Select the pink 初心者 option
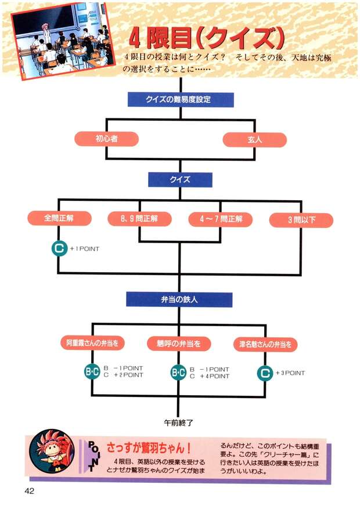point(106,139)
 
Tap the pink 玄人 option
point(255,140)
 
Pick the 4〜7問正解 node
point(220,219)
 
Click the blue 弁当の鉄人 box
point(179,299)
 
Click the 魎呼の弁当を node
point(179,344)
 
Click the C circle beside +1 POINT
point(59,249)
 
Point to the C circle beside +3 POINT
point(265,373)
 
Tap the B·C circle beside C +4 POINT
point(178,373)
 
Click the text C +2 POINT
point(123,375)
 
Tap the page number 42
point(30,491)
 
